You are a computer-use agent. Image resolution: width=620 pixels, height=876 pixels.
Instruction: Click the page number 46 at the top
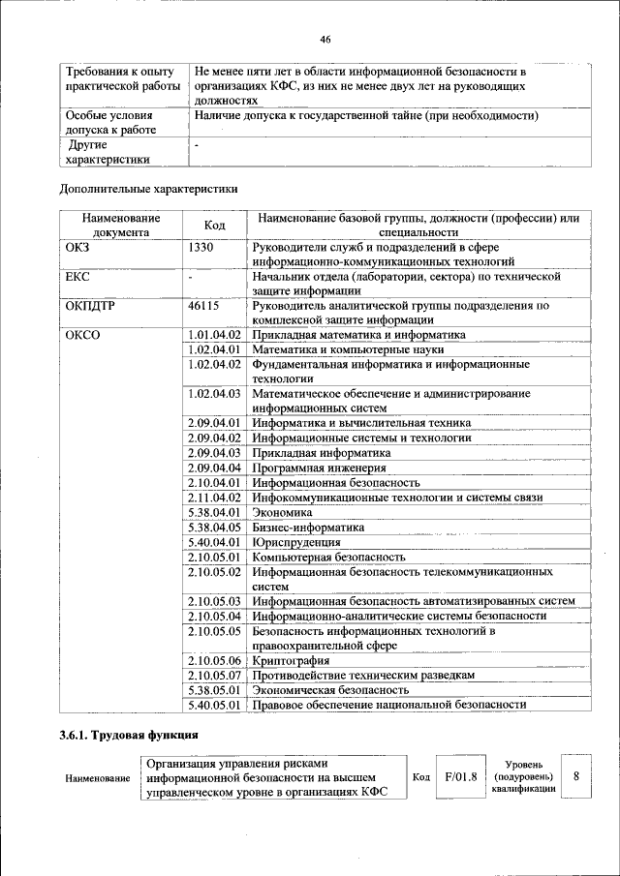click(x=325, y=39)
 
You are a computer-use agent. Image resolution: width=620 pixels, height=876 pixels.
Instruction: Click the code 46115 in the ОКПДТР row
click(x=204, y=306)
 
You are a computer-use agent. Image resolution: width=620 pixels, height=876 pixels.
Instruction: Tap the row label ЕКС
click(x=77, y=277)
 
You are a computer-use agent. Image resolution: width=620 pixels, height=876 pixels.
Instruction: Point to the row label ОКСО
click(x=83, y=335)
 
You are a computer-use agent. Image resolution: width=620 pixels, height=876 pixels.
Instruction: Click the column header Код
click(x=215, y=226)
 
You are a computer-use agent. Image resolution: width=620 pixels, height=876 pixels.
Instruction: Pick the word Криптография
click(x=294, y=660)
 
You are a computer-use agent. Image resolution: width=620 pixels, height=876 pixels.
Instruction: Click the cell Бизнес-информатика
click(x=308, y=528)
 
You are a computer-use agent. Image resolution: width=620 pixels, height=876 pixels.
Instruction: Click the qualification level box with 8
click(x=576, y=776)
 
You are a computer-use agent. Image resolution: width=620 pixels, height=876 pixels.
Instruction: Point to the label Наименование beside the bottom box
click(x=97, y=777)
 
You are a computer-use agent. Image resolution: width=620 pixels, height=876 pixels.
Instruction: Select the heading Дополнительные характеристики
click(x=148, y=189)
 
